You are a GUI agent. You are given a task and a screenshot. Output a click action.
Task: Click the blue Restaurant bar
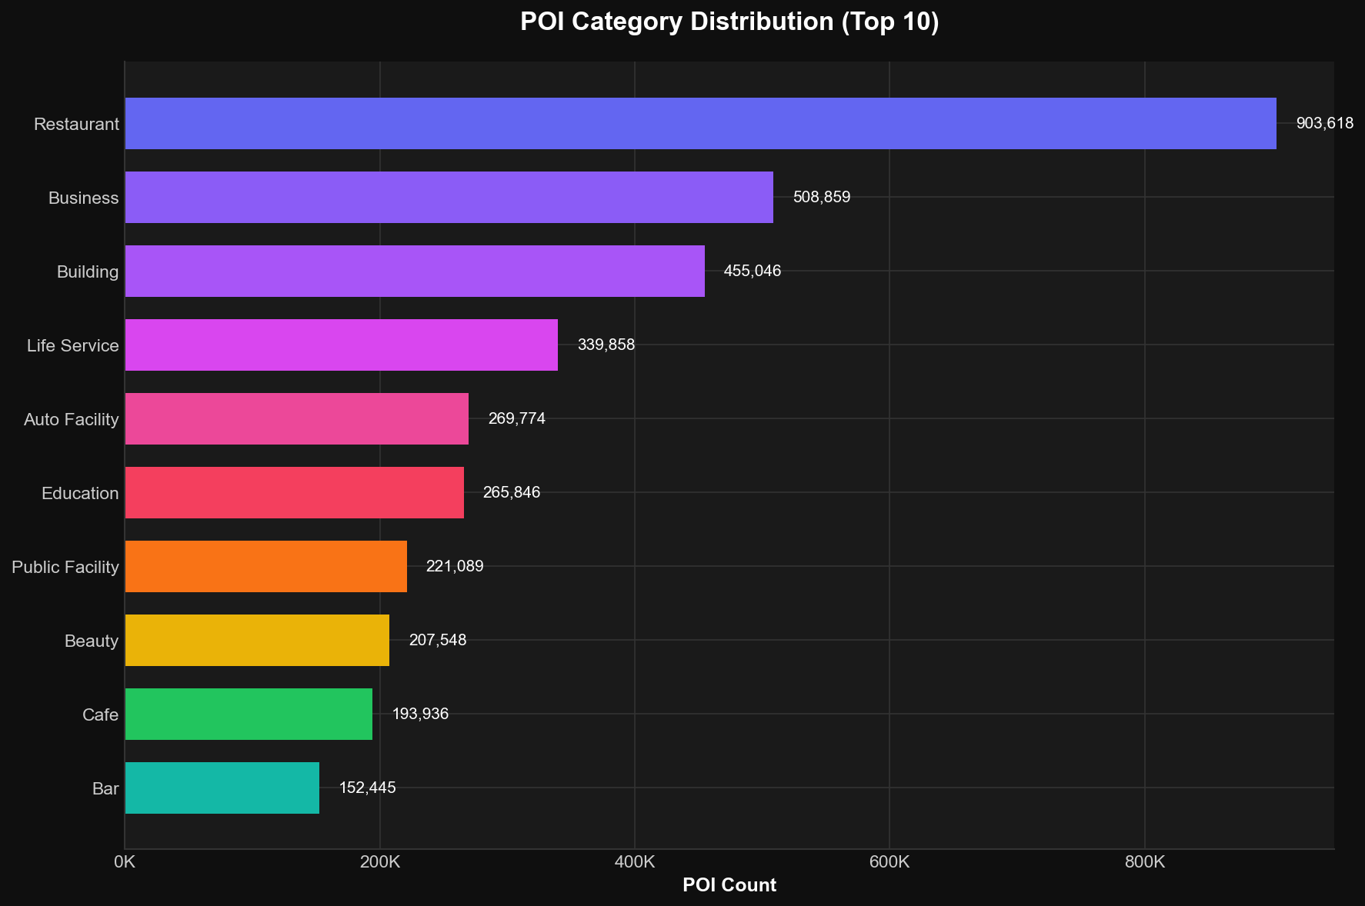pos(700,123)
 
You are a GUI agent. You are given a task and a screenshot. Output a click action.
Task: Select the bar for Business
pos(449,197)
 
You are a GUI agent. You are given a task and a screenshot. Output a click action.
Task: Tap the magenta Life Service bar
pos(341,345)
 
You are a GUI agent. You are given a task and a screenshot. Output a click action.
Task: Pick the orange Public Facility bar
pos(265,566)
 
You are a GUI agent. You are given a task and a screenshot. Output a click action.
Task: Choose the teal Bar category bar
pos(222,788)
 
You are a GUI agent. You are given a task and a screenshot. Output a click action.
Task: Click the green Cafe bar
pos(249,714)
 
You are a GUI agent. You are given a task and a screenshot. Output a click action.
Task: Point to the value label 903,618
pos(1324,123)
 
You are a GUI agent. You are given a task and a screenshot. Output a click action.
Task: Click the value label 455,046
pos(752,271)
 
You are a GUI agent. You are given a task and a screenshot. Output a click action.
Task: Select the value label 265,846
pos(512,492)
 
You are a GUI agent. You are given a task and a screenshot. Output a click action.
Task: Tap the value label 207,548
pos(438,640)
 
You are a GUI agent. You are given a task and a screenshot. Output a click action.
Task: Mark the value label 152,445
pos(367,788)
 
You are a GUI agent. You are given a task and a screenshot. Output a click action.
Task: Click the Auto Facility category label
pos(72,419)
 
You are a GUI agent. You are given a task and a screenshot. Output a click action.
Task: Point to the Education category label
pos(80,493)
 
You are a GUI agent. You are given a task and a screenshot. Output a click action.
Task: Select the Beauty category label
pos(92,641)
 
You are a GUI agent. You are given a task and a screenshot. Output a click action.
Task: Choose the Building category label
pos(88,271)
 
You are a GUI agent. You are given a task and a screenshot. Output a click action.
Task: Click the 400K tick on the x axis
pos(635,862)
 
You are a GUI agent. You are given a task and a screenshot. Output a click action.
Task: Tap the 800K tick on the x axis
pos(1144,862)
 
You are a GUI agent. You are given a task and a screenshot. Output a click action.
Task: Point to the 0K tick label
pos(125,862)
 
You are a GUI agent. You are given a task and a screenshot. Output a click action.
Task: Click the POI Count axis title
pos(729,885)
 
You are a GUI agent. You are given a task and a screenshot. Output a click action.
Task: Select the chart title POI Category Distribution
pos(729,22)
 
